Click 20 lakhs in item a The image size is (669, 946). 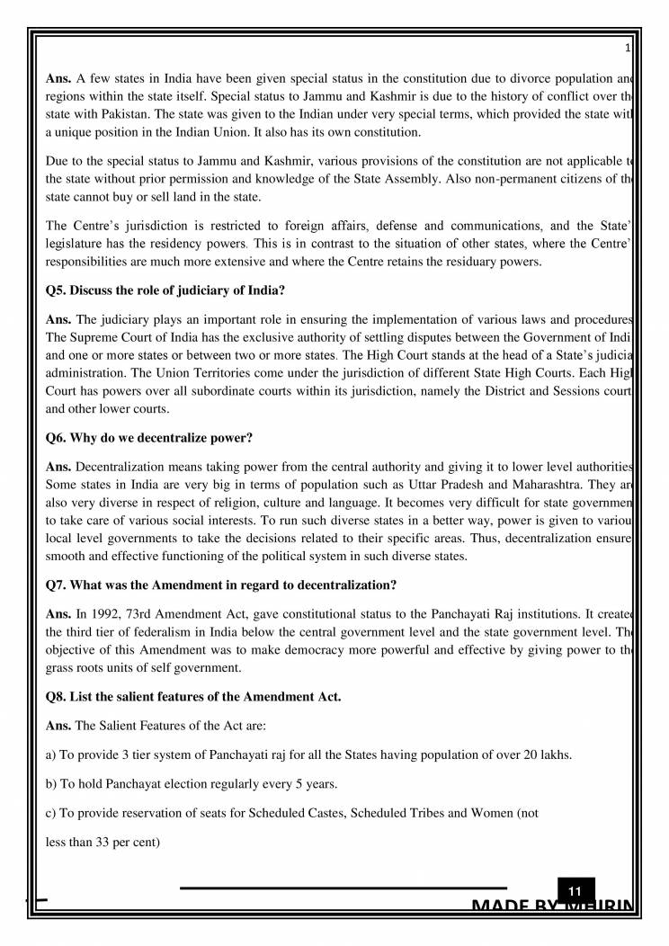(x=547, y=754)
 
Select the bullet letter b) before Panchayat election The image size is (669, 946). (x=51, y=784)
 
